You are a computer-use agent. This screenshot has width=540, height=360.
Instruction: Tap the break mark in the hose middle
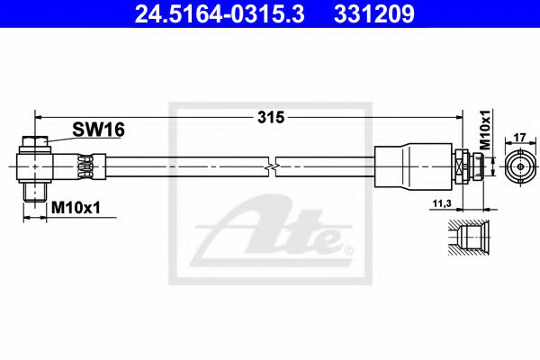(271, 167)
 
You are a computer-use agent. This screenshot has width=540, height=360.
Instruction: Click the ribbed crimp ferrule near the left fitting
(85, 166)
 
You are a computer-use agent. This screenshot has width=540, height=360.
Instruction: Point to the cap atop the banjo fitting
(39, 141)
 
